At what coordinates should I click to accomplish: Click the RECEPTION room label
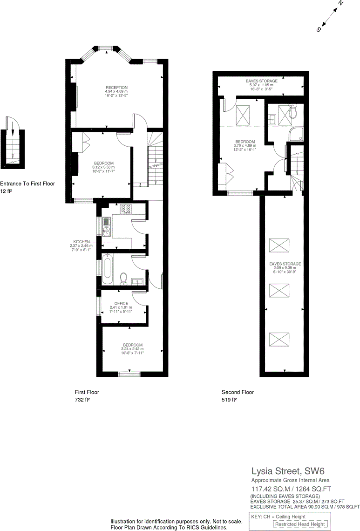[116, 88]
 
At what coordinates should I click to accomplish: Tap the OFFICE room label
[121, 303]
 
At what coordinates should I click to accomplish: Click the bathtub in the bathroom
[108, 271]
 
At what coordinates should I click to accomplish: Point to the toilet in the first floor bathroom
[123, 278]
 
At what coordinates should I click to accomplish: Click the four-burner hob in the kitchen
[126, 209]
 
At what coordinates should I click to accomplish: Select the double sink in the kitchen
[106, 226]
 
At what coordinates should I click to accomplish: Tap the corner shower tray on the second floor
[297, 134]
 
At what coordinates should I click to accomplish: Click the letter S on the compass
[319, 29]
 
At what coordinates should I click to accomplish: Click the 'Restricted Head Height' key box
[300, 524]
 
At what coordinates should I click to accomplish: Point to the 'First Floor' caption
[87, 392]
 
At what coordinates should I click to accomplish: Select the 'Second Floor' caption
[238, 392]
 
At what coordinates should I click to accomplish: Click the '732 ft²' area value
[82, 400]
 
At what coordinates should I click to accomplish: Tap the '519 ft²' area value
[229, 400]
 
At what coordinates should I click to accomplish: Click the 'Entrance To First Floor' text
[27, 184]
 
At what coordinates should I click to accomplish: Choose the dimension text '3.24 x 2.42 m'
[132, 349]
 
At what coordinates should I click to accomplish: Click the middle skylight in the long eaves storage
[279, 290]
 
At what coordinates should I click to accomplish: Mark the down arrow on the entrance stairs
[13, 129]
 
